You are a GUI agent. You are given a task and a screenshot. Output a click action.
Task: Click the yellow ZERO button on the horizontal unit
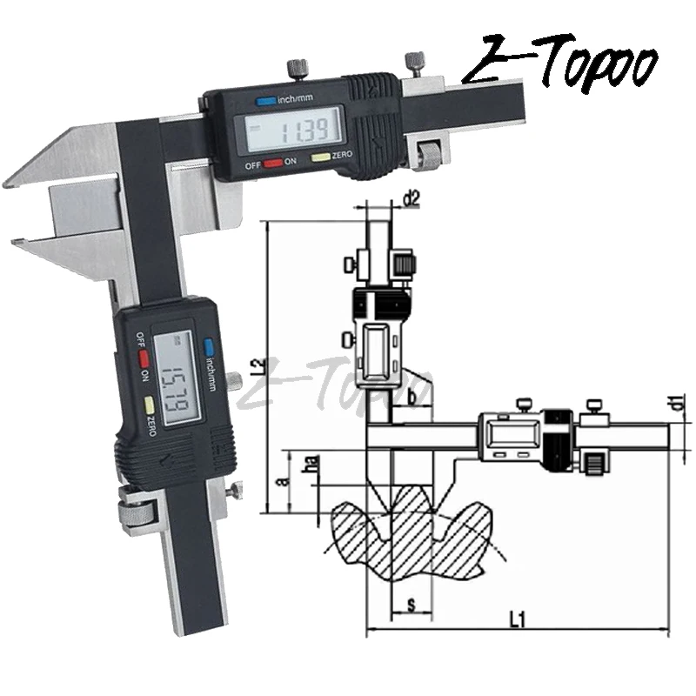pyautogui.click(x=321, y=157)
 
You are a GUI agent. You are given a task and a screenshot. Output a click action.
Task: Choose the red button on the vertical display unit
pyautogui.click(x=144, y=358)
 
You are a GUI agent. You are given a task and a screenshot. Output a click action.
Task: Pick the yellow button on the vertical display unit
pyautogui.click(x=151, y=405)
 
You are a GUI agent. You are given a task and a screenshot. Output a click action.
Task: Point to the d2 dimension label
pyautogui.click(x=412, y=200)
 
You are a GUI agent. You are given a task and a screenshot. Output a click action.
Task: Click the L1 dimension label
pyautogui.click(x=516, y=619)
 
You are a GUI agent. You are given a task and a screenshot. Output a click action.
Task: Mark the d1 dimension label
pyautogui.click(x=674, y=402)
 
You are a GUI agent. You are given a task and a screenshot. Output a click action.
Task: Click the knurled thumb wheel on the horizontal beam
pyautogui.click(x=428, y=157)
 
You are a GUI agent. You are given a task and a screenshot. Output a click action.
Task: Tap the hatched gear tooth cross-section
pyautogui.click(x=383, y=539)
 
